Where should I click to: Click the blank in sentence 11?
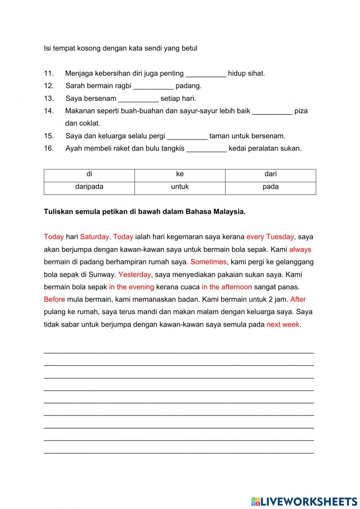click(206, 74)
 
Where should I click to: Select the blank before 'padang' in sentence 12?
click(153, 86)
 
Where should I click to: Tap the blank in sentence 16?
click(207, 149)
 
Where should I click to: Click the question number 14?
click(49, 111)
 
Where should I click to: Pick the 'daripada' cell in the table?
click(89, 187)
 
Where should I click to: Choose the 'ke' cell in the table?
click(180, 174)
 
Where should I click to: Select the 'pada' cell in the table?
click(270, 187)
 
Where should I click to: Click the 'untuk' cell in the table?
click(180, 187)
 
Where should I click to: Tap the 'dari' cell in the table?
click(270, 174)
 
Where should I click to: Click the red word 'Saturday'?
click(94, 237)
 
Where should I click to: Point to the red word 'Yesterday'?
click(135, 274)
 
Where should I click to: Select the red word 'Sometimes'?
click(208, 262)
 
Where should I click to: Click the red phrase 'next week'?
click(283, 325)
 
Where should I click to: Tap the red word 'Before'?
click(54, 299)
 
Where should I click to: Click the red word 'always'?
click(300, 250)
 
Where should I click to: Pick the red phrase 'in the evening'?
click(131, 287)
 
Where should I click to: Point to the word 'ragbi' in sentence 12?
click(123, 86)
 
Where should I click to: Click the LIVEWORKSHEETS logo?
click(304, 501)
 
